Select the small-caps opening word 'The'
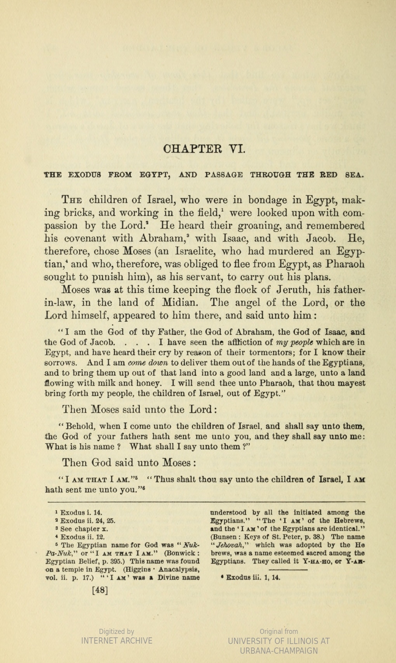72,200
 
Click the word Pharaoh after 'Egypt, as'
345,264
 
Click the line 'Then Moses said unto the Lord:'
139,409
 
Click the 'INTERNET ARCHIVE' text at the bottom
116,640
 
